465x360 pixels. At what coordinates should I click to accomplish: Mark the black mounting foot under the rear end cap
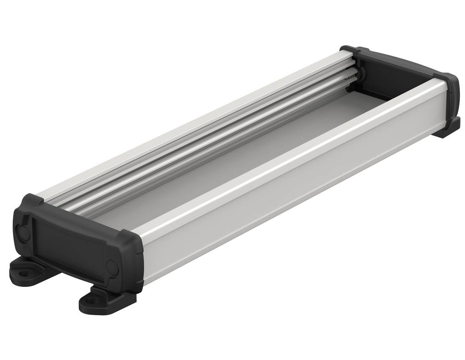(x=447, y=128)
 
